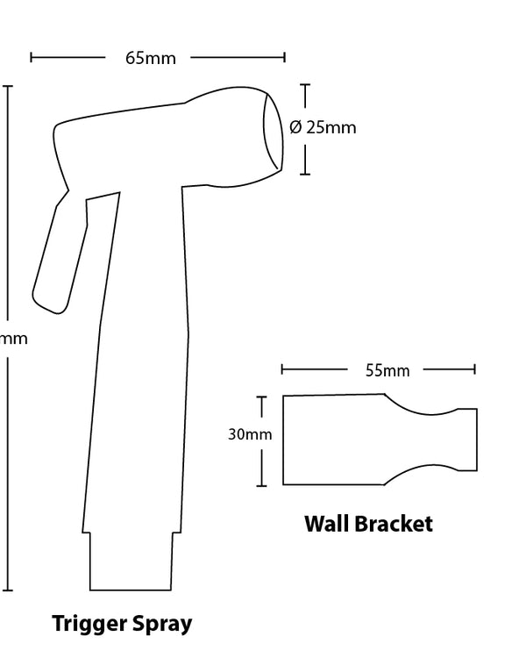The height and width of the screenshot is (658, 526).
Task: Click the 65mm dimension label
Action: [151, 59]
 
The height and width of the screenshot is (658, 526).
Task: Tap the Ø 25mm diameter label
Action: [323, 127]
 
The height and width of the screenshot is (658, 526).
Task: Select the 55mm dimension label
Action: [387, 370]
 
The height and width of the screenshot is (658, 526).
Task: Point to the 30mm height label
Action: [250, 433]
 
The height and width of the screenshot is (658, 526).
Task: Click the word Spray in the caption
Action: [163, 625]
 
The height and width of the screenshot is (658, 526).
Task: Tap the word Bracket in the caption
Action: [392, 525]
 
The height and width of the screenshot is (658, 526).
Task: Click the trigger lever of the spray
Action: [53, 259]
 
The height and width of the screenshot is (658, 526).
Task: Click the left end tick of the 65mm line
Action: [32, 58]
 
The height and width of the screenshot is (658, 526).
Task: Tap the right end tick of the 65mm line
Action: [284, 58]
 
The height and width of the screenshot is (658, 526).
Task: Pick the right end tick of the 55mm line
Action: [474, 369]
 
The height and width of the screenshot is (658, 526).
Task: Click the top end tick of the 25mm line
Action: [305, 85]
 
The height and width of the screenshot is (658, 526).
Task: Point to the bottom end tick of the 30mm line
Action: [261, 484]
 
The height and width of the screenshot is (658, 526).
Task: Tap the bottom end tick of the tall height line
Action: [9, 590]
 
